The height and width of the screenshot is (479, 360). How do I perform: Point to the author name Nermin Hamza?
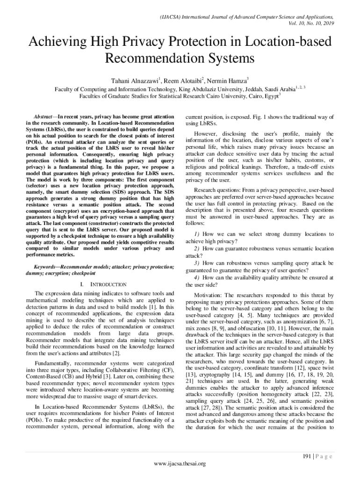click(229, 80)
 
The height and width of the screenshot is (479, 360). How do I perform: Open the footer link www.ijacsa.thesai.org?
click(180, 464)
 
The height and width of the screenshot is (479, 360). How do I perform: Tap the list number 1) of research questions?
click(196, 233)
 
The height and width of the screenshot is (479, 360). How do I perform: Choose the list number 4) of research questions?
click(196, 277)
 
